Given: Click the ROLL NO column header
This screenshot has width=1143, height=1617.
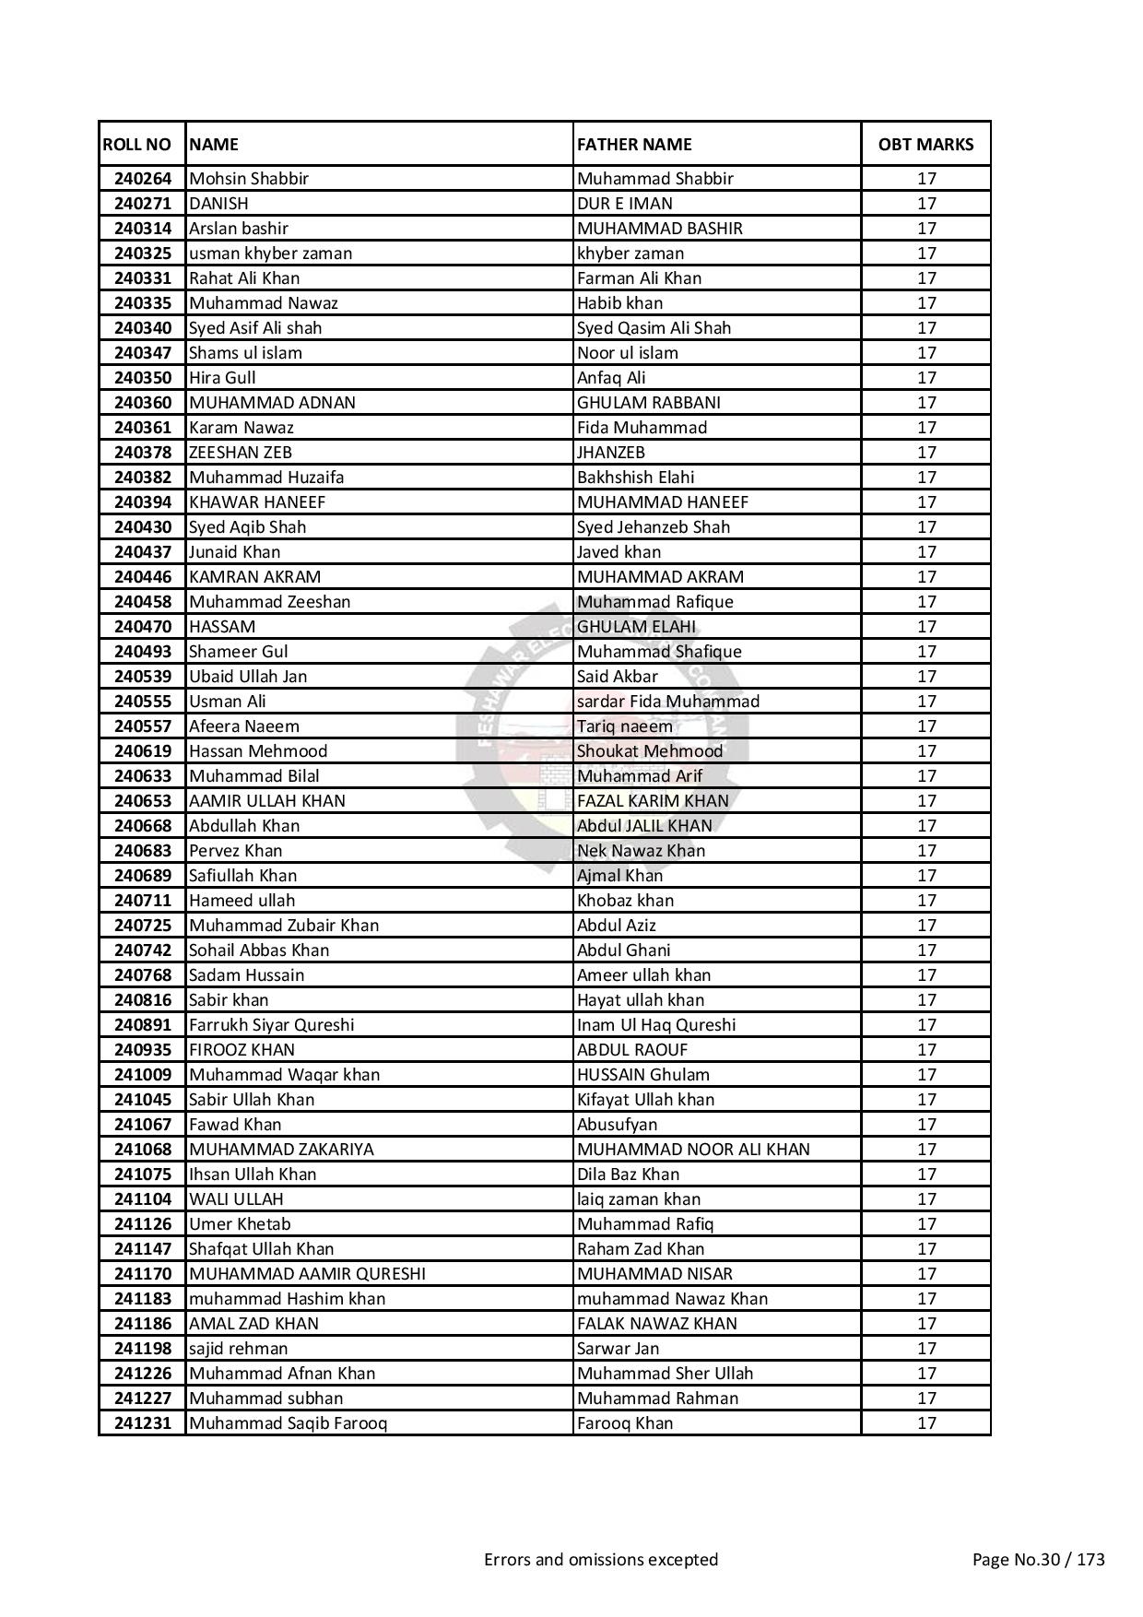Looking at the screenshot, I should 137,145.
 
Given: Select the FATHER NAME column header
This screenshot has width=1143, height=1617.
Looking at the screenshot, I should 634,145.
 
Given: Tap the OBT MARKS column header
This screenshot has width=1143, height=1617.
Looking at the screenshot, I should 925,145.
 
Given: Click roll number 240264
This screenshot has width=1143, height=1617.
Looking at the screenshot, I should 143,179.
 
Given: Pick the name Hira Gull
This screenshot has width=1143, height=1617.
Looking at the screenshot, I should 222,378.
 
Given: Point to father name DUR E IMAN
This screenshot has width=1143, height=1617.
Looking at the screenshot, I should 624,204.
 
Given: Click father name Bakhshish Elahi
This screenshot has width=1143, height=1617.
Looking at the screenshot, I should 635,478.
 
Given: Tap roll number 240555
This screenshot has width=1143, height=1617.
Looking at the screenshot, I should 143,702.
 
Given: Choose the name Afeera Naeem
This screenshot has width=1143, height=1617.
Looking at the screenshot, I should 243,726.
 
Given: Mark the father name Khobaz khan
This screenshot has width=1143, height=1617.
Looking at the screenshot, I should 625,901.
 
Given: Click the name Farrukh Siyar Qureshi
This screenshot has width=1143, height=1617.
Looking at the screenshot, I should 271,1025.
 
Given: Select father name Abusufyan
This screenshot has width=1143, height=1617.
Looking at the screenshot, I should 617,1125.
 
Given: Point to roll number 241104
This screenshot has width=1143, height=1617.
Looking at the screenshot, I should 143,1199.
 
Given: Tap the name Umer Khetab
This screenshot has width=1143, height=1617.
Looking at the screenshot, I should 239,1224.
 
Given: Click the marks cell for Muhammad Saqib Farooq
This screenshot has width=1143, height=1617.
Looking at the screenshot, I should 925,1423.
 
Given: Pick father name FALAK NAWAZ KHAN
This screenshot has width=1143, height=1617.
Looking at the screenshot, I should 656,1324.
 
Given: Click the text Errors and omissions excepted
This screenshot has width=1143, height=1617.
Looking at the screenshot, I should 600,1560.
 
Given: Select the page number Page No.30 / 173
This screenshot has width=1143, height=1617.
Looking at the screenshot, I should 1038,1560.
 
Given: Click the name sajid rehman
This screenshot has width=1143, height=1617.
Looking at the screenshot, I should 238,1349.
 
